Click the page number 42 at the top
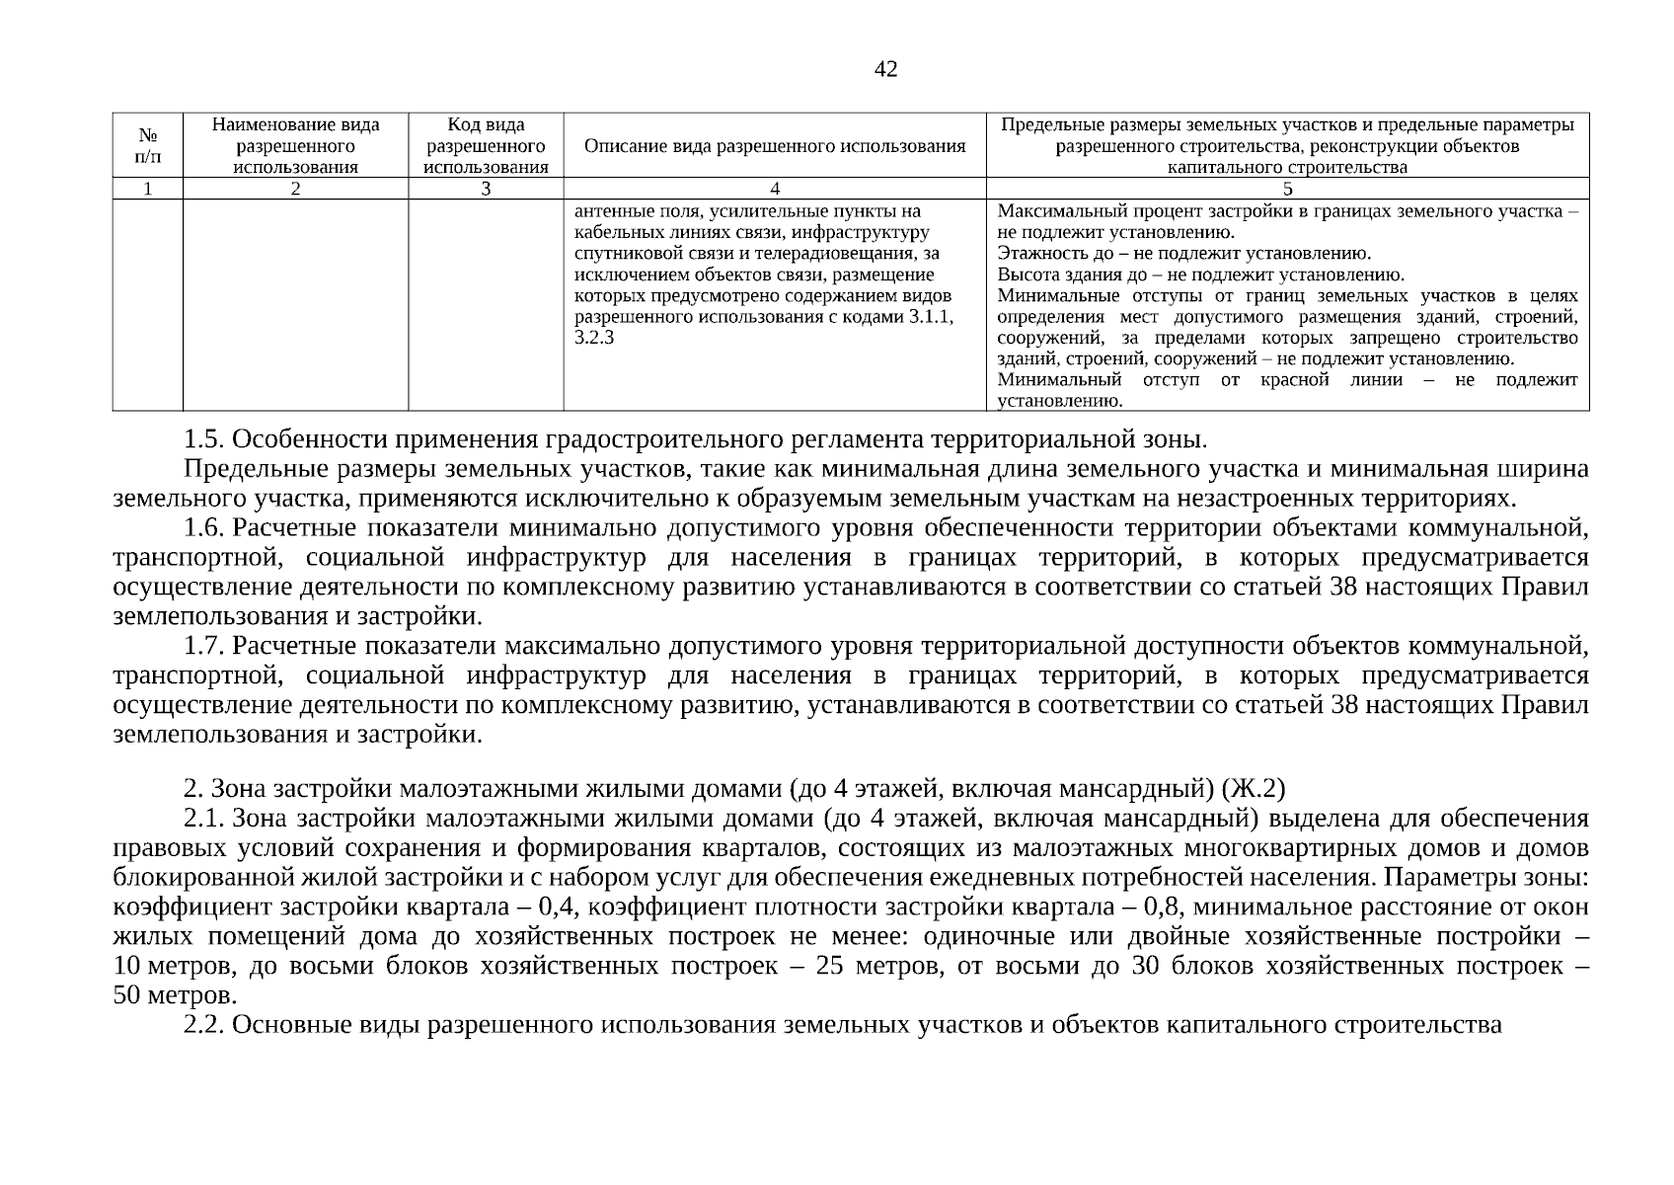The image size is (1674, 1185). pyautogui.click(x=885, y=69)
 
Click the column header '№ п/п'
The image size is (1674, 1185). pyautogui.click(x=148, y=145)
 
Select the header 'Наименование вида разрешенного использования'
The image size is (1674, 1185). pyautogui.click(x=295, y=145)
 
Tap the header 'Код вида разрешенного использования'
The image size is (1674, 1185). pyautogui.click(x=486, y=145)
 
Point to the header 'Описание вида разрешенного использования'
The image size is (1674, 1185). pyautogui.click(x=775, y=146)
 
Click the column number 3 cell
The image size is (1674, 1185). pyautogui.click(x=486, y=190)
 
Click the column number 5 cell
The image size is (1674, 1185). pyautogui.click(x=1287, y=190)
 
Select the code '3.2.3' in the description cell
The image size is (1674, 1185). pyautogui.click(x=594, y=338)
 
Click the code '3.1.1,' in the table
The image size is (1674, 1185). pyautogui.click(x=932, y=317)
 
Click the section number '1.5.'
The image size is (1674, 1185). pyautogui.click(x=204, y=438)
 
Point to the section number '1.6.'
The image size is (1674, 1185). pyautogui.click(x=204, y=528)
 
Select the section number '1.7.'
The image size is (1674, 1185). pyautogui.click(x=204, y=647)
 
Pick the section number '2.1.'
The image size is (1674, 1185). pyautogui.click(x=204, y=819)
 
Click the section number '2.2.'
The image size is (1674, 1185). pyautogui.click(x=204, y=1025)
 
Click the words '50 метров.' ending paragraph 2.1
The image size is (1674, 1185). pyautogui.click(x=175, y=995)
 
